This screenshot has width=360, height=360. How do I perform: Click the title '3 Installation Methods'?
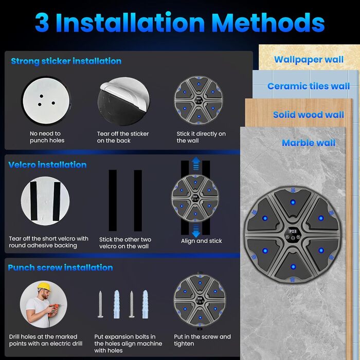pos(180,23)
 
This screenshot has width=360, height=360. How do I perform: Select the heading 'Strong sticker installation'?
pos(66,61)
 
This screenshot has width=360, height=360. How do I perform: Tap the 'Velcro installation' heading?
pos(47,165)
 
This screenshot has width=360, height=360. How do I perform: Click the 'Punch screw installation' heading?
pos(60,267)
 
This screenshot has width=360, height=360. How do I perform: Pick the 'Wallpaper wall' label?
pos(309,60)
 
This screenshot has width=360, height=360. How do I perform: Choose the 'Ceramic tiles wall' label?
pos(309,86)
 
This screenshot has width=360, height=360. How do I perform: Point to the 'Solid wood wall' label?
pos(309,115)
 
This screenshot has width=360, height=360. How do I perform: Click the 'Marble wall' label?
pos(309,143)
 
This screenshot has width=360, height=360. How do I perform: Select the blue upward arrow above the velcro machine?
pos(196,164)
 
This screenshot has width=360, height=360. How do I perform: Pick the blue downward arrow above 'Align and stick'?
pos(196,231)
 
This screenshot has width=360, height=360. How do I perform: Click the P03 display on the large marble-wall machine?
pos(293,231)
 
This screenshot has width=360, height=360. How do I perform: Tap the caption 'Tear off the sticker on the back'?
pos(123,137)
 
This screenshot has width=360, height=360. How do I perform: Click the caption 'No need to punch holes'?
pos(47,137)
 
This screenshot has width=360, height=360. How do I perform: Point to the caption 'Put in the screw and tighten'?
pos(202,340)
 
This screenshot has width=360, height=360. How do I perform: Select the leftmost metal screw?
pos(100,304)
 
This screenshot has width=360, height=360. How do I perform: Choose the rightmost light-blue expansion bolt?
pos(145,304)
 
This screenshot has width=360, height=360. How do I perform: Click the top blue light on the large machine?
pos(293,202)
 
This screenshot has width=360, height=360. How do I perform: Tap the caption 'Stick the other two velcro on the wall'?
pos(125,243)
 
